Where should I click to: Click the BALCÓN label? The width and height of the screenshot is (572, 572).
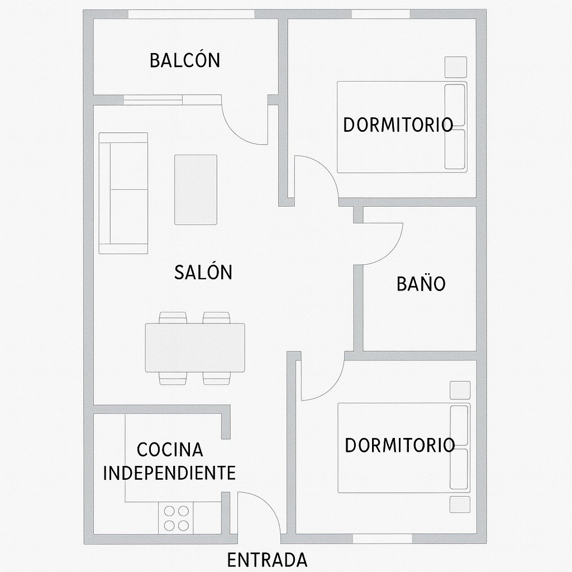(x=185, y=60)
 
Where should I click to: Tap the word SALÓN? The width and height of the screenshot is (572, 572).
(x=203, y=273)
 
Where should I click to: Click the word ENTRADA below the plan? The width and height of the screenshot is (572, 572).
(x=268, y=560)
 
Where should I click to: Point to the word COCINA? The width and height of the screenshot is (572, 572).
(x=170, y=449)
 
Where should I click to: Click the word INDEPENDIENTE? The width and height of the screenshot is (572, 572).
(x=169, y=473)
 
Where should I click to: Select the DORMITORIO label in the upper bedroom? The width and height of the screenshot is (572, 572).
(x=398, y=125)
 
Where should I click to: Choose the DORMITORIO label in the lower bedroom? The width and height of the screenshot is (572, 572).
(x=399, y=445)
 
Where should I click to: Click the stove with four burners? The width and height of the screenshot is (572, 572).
(x=176, y=518)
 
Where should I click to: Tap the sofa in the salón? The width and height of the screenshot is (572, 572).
(x=123, y=193)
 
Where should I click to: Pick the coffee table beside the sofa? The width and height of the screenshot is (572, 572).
(x=196, y=189)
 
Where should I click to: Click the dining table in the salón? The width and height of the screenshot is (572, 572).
(x=195, y=348)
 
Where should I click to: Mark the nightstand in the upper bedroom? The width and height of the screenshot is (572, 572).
(x=455, y=67)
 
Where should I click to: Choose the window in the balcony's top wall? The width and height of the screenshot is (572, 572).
(x=185, y=14)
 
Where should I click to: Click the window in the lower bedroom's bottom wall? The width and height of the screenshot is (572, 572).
(x=382, y=538)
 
